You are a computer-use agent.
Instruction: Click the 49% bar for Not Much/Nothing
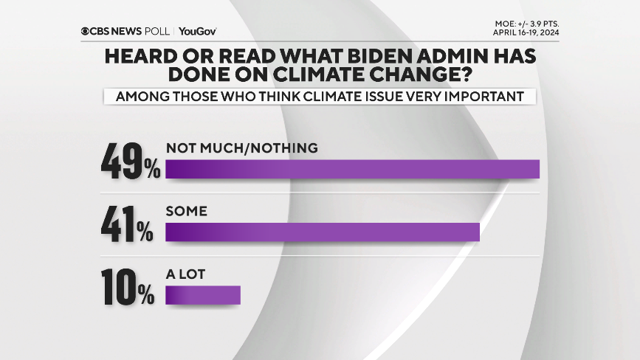353,169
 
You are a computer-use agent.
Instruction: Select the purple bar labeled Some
323,232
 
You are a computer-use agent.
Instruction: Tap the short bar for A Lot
203,294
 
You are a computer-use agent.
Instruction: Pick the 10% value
128,287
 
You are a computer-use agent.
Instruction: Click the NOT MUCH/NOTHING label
242,148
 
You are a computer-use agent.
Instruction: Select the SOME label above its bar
187,211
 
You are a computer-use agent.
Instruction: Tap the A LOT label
185,274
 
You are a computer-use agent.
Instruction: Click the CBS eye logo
86,31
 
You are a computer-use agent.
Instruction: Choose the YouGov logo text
197,31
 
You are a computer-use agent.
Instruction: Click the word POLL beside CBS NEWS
159,31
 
